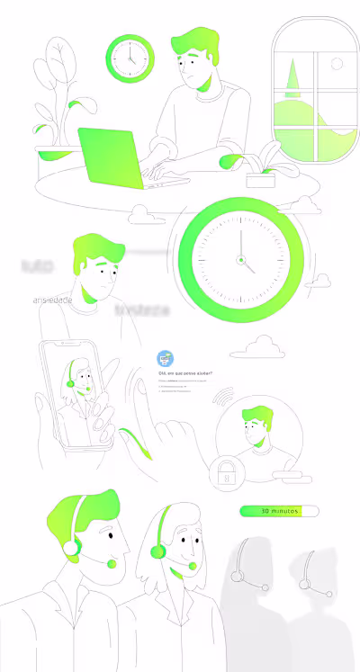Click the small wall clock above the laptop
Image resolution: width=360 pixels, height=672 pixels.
click(130, 58)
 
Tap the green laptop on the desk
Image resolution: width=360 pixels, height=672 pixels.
click(113, 158)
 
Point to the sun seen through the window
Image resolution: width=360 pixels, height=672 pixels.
click(337, 64)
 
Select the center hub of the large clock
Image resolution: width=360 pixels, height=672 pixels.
click(241, 260)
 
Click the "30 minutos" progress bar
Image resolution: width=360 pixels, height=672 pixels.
click(279, 511)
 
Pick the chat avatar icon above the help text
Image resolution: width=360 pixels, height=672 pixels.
click(165, 357)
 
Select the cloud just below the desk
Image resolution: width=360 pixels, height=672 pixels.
click(139, 214)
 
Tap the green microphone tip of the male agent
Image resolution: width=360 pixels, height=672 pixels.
click(112, 564)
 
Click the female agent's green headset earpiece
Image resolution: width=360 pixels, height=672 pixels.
click(157, 550)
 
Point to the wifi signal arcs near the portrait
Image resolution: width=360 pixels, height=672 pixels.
click(223, 397)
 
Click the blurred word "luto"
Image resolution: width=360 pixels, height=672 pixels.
click(37, 266)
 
